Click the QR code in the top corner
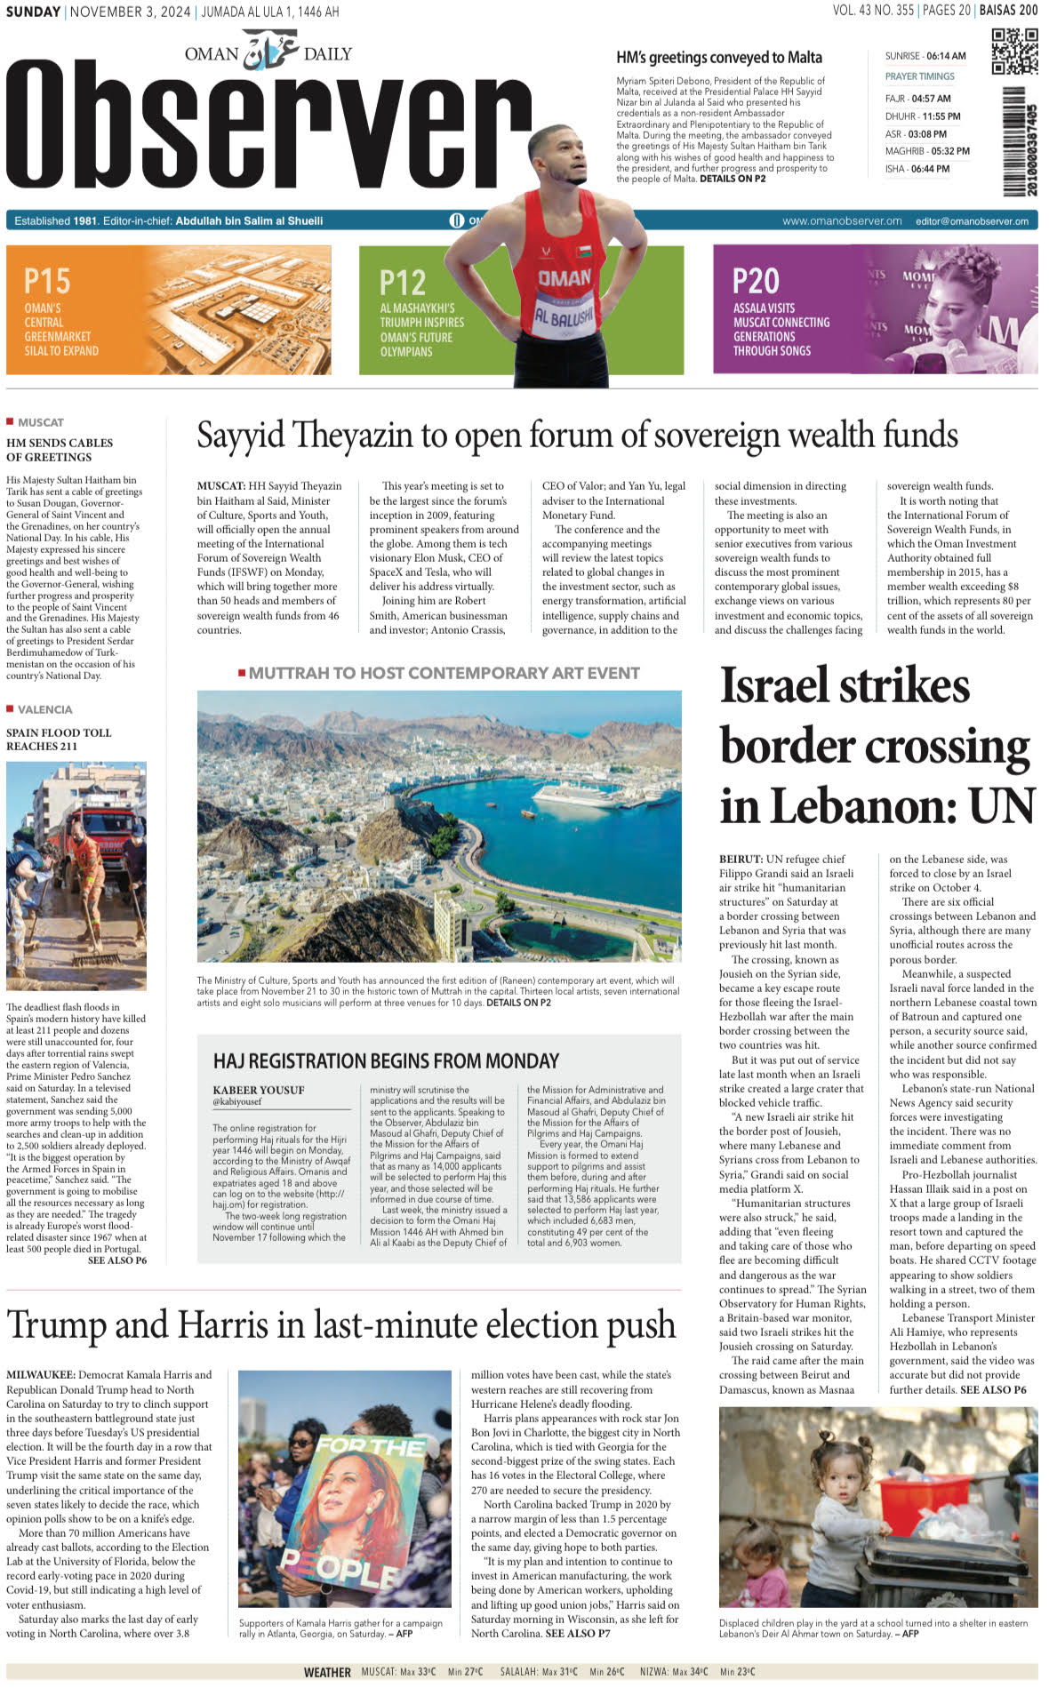1014,51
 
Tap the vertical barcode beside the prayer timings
1019,142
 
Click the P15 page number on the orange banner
47,281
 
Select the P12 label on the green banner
403,283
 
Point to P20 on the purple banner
756,281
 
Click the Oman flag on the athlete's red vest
584,252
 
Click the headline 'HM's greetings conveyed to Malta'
719,58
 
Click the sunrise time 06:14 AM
946,56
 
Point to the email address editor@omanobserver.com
972,221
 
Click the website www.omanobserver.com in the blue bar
842,221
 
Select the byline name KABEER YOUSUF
259,1090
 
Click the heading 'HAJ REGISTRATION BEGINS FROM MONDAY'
386,1060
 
